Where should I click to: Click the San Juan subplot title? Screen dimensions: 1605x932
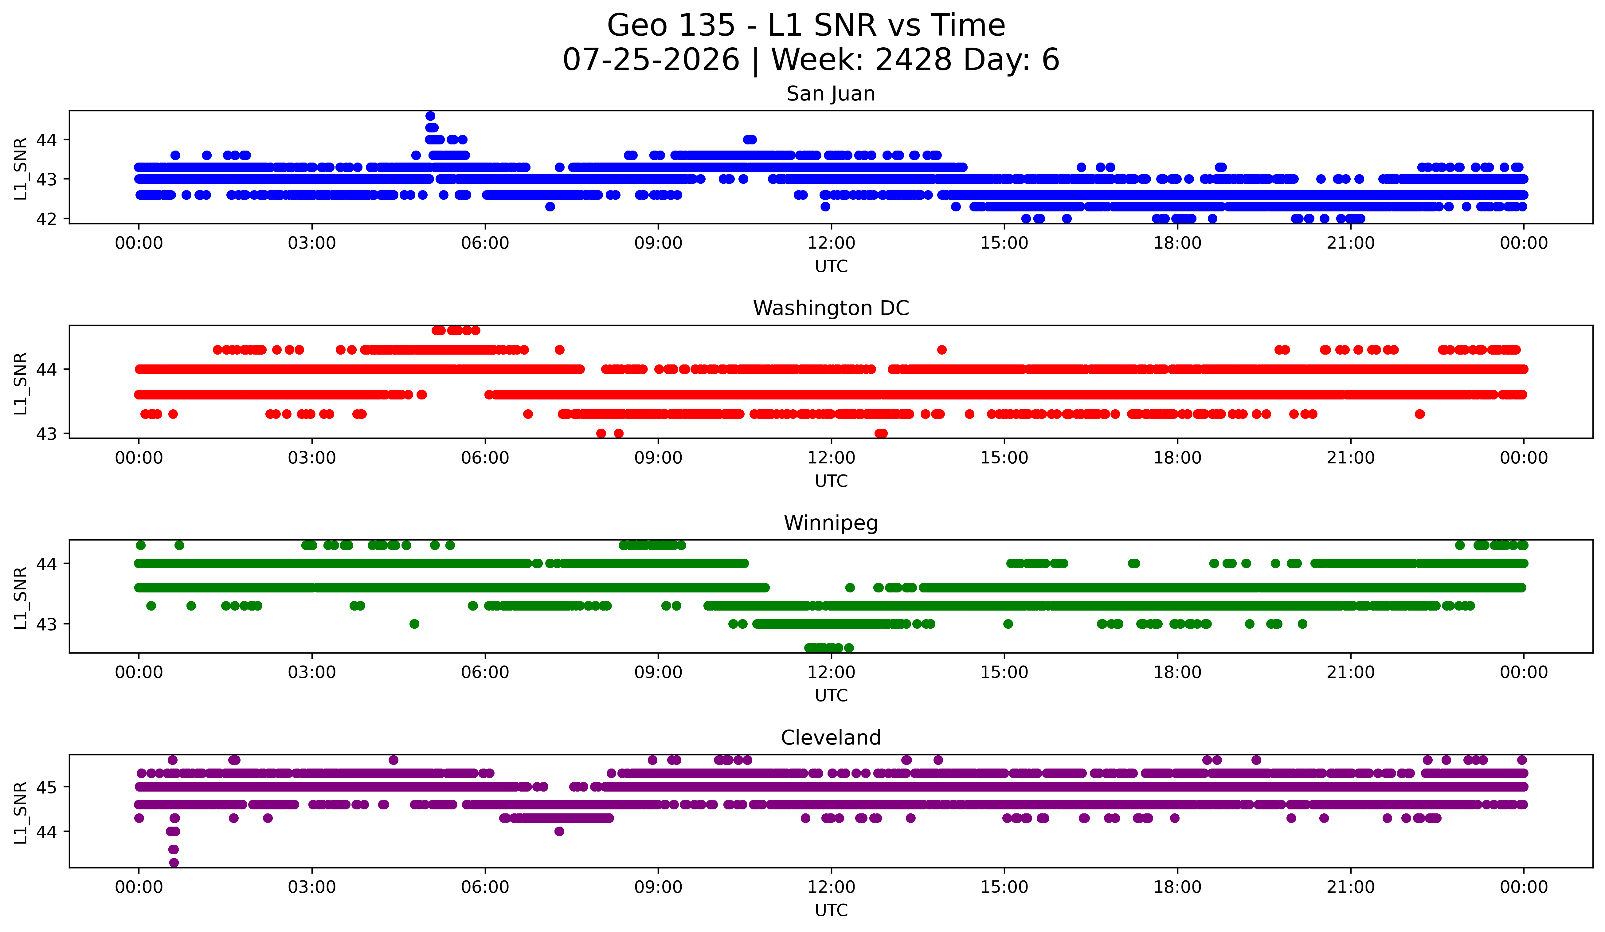click(831, 94)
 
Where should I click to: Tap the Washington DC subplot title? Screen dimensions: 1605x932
click(831, 308)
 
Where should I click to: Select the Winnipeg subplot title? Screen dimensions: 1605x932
click(831, 523)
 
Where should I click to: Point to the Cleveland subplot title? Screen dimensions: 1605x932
click(831, 738)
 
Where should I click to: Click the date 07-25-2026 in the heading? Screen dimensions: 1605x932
click(651, 60)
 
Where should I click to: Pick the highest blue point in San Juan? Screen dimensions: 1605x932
click(431, 116)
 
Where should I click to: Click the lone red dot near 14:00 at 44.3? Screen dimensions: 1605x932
click(942, 350)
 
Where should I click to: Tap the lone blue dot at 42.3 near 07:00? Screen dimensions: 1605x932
click(550, 206)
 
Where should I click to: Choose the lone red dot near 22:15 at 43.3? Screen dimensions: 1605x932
click(1420, 414)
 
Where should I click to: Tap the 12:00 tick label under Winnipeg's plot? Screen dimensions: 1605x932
click(831, 672)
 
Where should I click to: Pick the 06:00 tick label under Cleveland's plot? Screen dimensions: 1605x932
click(485, 887)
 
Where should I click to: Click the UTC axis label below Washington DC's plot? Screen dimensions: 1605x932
click(831, 481)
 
